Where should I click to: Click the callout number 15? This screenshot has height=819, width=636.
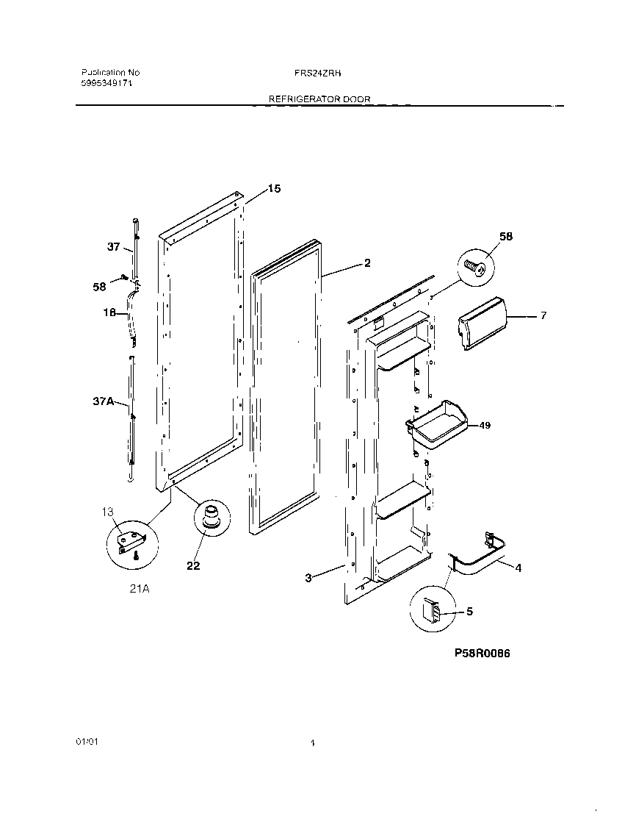pos(273,189)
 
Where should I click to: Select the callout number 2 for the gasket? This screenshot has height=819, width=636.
pos(367,262)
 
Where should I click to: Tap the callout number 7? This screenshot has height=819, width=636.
pos(543,315)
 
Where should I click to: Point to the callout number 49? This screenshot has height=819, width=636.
pos(484,425)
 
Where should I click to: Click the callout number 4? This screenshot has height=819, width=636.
pos(518,567)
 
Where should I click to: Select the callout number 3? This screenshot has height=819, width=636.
pos(309,578)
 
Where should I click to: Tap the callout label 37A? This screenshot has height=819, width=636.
pos(102,402)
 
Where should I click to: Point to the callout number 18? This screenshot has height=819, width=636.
pos(109,312)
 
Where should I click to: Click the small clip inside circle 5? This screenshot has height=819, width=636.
pos(431,609)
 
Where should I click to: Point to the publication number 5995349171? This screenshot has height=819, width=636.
pos(106,84)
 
